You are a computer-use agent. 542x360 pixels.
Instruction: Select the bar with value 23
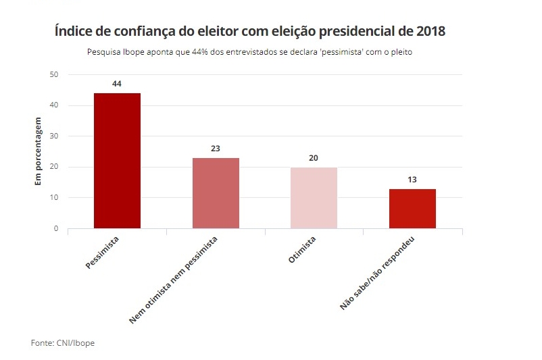[216, 193]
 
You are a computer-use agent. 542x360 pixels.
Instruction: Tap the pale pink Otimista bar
[314, 198]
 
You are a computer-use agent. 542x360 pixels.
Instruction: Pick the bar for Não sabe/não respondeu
[412, 209]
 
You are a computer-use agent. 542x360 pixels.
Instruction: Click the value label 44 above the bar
[117, 84]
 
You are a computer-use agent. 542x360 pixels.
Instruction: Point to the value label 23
[216, 148]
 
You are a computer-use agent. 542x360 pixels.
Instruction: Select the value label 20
[314, 157]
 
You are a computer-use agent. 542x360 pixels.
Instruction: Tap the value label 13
[412, 179]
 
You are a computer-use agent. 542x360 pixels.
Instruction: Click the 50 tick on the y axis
[54, 74]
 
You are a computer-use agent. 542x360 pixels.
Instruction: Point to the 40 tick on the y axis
[54, 105]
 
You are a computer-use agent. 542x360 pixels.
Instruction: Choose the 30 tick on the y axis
[54, 136]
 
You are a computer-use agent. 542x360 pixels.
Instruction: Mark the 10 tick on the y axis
[54, 198]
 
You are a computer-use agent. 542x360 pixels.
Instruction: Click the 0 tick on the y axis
[56, 228]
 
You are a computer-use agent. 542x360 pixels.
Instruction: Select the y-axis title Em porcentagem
[38, 151]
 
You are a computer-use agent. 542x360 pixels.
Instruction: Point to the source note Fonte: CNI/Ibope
[63, 343]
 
